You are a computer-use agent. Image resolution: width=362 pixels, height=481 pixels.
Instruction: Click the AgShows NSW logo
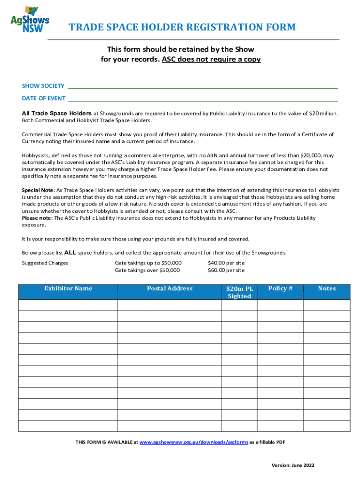[x=30, y=19]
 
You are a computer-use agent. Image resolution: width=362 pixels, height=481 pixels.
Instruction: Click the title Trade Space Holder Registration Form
[x=182, y=27]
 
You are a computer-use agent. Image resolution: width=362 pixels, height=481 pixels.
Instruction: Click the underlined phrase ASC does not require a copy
[x=211, y=60]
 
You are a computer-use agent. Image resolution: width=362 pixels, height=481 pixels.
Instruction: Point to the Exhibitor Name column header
[x=68, y=288]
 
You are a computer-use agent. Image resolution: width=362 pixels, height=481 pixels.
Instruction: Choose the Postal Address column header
[x=170, y=288]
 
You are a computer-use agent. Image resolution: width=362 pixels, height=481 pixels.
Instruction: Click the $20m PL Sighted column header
[x=239, y=292]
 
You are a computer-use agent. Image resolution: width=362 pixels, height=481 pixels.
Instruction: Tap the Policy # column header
[x=280, y=288]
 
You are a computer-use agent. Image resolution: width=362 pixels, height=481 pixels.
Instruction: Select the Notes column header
[x=327, y=288]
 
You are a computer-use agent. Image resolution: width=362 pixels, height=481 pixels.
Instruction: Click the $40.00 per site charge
[x=226, y=263]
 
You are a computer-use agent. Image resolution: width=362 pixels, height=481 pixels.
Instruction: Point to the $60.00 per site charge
[x=226, y=271]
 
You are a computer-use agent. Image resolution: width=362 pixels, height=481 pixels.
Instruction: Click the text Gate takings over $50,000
[x=147, y=271]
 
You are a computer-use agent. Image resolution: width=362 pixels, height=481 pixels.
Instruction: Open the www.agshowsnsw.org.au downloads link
[x=194, y=442]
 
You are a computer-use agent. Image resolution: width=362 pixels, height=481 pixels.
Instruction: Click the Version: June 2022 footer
[x=293, y=465]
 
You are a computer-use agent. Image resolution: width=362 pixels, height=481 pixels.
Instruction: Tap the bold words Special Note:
[x=39, y=190]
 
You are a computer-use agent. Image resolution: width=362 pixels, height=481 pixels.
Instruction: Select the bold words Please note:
[x=38, y=218]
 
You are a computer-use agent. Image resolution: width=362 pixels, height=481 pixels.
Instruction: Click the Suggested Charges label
[x=45, y=263]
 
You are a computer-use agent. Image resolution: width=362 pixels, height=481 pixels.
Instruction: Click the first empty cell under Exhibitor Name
[x=68, y=305]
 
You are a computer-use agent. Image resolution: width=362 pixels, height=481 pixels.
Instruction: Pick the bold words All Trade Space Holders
[x=57, y=114]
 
